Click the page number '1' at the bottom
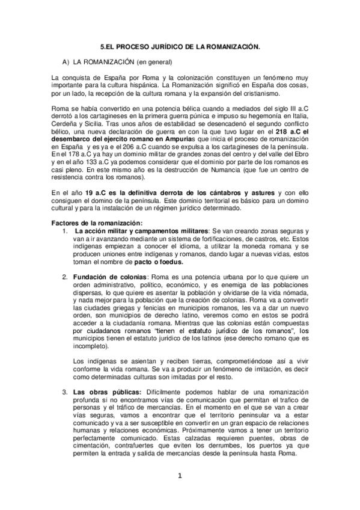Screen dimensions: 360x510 180,477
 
